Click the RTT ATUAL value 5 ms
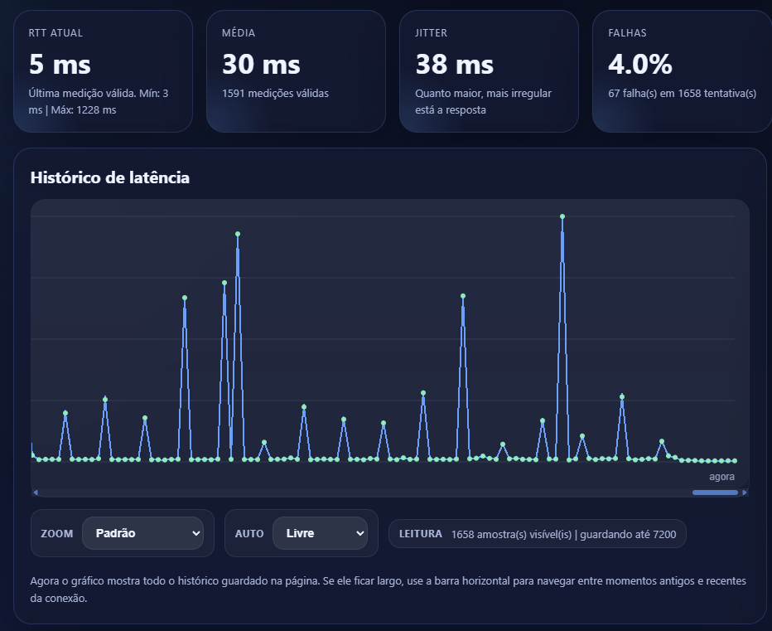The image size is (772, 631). click(60, 65)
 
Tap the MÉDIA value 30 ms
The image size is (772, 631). click(261, 65)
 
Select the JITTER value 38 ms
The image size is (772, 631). click(454, 65)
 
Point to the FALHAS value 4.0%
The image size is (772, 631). click(640, 65)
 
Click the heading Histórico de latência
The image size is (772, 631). click(110, 177)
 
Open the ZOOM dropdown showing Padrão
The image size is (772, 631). click(142, 533)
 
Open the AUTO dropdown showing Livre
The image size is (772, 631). click(320, 533)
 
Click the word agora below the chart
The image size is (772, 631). click(721, 477)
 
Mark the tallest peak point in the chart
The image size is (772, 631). click(562, 216)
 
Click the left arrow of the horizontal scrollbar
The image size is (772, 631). click(35, 493)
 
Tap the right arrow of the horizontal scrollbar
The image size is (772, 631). click(745, 493)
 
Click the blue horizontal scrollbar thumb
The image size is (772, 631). click(715, 493)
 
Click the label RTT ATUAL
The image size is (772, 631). click(55, 33)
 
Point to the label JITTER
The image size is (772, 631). click(432, 33)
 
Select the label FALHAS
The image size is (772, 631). click(627, 33)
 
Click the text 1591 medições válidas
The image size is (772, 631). click(275, 93)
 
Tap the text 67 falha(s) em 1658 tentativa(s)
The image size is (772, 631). click(682, 93)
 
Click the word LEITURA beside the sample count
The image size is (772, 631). click(420, 534)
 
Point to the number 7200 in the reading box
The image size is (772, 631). click(664, 535)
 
